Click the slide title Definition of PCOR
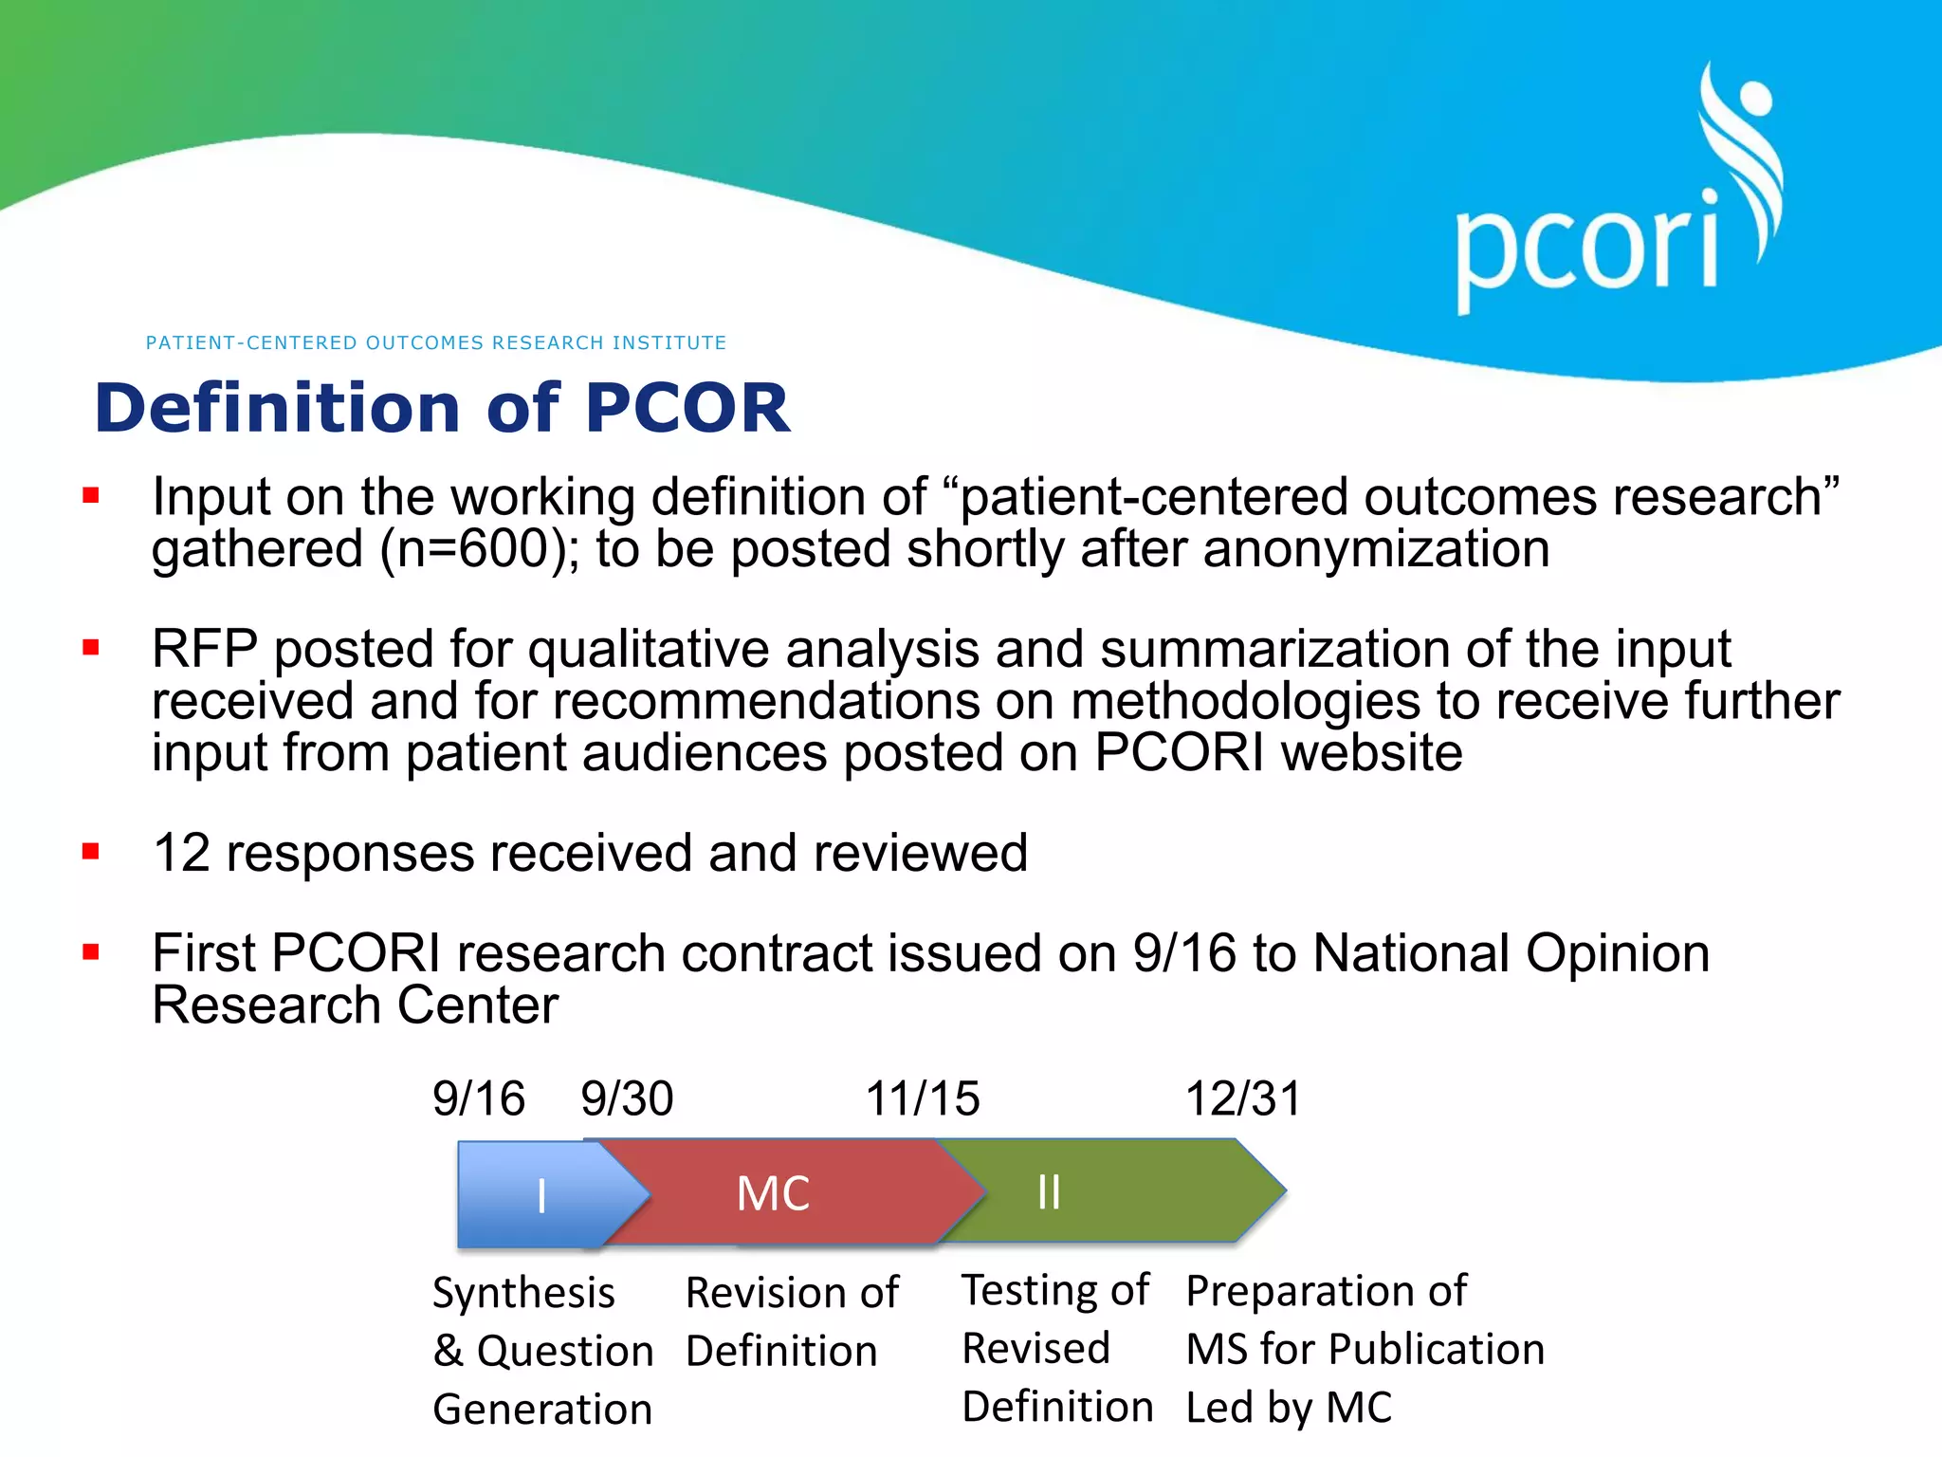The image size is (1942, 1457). click(442, 408)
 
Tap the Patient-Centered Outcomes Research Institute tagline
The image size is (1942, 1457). click(436, 342)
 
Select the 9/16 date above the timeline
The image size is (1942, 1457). click(478, 1098)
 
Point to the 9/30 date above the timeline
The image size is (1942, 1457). click(627, 1098)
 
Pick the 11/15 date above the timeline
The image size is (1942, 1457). click(922, 1098)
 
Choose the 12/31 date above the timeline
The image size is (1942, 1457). click(1243, 1098)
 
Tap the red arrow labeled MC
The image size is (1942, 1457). click(774, 1192)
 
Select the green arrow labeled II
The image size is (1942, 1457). click(1090, 1191)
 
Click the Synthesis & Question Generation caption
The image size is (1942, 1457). click(542, 1350)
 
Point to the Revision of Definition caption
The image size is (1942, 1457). click(792, 1321)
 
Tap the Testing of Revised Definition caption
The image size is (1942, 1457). click(1056, 1348)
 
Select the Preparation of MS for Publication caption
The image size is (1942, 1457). click(1365, 1348)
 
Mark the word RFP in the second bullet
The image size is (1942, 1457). click(205, 649)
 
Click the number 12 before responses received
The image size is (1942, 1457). click(181, 853)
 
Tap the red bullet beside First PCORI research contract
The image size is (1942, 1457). click(91, 951)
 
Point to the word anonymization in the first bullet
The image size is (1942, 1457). click(1376, 549)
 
